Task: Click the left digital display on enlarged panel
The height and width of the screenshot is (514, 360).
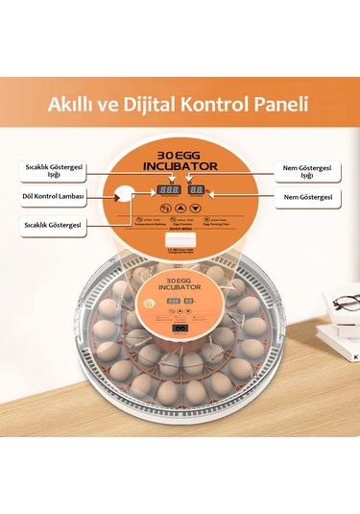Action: (170, 190)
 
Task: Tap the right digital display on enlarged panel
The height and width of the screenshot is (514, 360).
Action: (197, 190)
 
